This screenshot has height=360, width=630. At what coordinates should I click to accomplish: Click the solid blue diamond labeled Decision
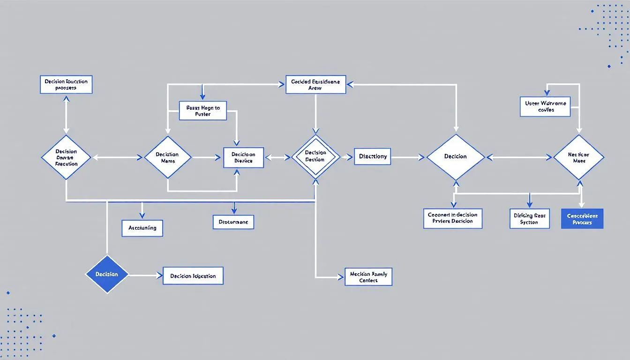[x=107, y=274]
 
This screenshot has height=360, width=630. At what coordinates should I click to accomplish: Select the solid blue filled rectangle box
[x=582, y=219]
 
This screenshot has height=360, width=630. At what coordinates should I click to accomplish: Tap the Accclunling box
[x=142, y=228]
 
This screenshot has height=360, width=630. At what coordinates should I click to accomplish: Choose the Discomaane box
[x=233, y=222]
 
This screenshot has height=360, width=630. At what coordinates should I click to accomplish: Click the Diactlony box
[x=373, y=157]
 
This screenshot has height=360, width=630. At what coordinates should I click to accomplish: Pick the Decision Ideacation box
[x=193, y=276]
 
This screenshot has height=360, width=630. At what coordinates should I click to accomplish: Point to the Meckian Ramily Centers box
[x=368, y=277]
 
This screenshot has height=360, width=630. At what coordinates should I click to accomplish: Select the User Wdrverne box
[x=545, y=106]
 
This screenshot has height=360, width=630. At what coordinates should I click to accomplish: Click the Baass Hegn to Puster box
[x=203, y=111]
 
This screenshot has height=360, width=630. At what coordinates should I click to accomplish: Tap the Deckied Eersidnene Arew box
[x=315, y=84]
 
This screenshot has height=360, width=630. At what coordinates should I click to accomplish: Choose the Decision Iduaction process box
[x=66, y=84]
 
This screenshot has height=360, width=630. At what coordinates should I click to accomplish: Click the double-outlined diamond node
[x=315, y=157]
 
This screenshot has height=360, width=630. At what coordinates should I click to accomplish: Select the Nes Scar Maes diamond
[x=579, y=157]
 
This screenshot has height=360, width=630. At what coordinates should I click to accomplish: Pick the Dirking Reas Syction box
[x=530, y=219]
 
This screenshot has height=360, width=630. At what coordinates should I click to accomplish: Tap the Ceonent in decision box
[x=452, y=218]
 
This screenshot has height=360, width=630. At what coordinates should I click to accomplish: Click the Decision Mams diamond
[x=167, y=157]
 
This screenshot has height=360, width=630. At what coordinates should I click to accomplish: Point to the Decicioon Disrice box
[x=244, y=157]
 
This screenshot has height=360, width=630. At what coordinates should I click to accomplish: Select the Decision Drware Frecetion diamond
[x=66, y=157]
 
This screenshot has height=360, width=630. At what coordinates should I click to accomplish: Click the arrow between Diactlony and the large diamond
[x=408, y=157]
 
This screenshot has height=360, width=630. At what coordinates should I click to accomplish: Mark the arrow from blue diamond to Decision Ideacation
[x=145, y=276]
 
